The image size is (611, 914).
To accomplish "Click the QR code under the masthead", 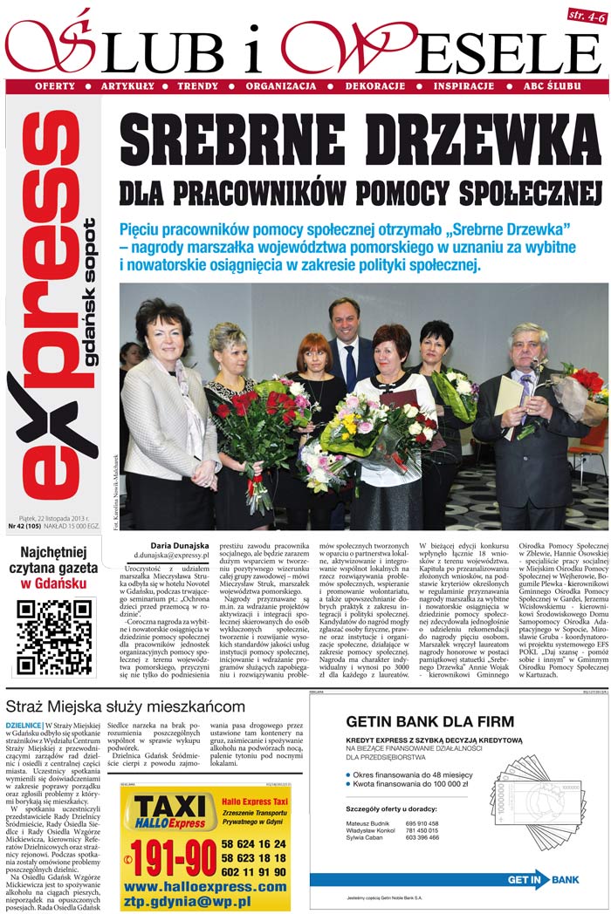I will click(55, 637).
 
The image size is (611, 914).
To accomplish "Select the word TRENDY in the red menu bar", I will click(197, 87).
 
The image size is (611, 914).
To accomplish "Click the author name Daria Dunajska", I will click(180, 544).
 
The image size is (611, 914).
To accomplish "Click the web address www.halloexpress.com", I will click(206, 887).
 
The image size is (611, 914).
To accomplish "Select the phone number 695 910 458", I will click(422, 823).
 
